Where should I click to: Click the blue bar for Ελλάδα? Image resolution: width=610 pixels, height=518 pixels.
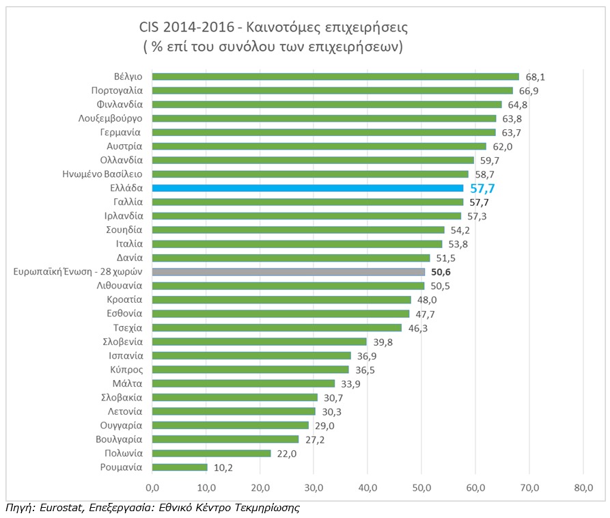tap(307, 188)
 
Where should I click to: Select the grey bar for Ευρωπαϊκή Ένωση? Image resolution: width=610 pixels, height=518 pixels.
tap(288, 271)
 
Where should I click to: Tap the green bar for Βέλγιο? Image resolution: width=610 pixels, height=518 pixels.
tap(335, 77)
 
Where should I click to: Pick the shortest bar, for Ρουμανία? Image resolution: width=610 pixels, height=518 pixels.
tap(179, 467)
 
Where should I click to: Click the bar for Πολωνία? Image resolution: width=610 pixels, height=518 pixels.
tap(211, 453)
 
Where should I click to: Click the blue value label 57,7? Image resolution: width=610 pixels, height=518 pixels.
tap(482, 189)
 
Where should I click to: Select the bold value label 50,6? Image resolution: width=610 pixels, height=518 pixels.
tap(441, 272)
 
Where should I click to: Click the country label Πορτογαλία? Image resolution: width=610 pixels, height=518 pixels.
tap(117, 90)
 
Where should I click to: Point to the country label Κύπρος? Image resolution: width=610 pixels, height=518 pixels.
tap(126, 370)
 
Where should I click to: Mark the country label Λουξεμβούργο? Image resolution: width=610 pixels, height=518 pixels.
tap(110, 118)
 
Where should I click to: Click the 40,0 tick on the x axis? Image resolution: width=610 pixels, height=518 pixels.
tap(368, 487)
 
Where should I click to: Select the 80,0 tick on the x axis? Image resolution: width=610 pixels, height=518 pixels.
tap(583, 487)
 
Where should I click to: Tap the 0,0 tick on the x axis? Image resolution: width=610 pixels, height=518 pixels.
tap(152, 487)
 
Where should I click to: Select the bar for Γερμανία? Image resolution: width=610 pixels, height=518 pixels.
tap(324, 132)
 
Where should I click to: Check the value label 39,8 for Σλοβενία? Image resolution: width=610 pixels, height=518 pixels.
tap(383, 342)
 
